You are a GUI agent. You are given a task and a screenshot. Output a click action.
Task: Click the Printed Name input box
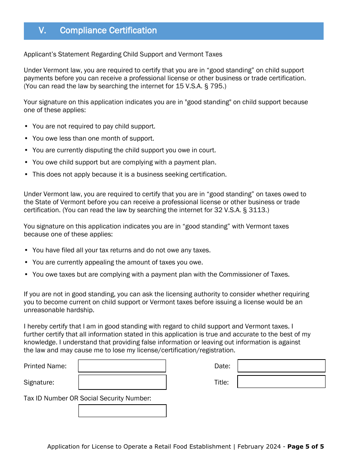122,366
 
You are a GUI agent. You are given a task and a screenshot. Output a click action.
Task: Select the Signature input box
122,382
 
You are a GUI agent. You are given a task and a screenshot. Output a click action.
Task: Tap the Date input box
281,366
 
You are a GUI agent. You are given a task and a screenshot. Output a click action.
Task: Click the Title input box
281,382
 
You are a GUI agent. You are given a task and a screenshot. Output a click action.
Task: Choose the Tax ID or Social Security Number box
122,411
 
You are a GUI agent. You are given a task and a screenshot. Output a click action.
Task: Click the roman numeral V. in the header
42,31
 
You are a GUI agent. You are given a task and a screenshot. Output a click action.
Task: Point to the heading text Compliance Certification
108,31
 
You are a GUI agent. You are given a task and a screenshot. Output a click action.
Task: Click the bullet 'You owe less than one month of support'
93,138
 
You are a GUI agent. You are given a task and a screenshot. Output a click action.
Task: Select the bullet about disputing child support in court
124,150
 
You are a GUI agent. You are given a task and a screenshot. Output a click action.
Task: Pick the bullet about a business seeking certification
129,174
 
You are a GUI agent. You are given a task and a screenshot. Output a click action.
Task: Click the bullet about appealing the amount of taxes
117,262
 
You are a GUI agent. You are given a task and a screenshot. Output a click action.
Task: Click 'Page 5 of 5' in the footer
305,446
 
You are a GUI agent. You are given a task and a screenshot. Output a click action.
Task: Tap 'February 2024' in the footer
259,446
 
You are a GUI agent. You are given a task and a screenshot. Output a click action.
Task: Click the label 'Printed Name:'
45,366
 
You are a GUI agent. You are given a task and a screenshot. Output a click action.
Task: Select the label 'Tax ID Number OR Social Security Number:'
87,398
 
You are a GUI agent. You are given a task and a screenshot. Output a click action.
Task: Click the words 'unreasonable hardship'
59,310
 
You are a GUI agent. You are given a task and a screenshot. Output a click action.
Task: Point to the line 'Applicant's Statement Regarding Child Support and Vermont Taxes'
123,54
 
